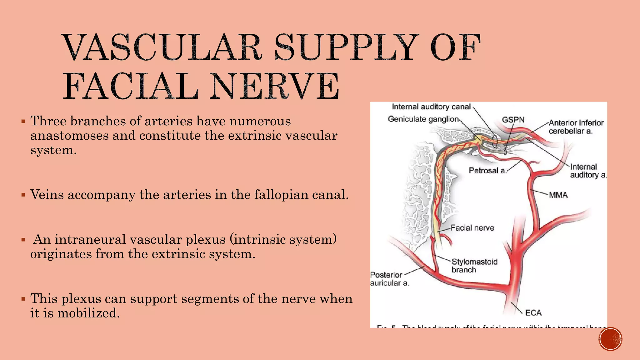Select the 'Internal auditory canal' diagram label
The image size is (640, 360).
[431, 107]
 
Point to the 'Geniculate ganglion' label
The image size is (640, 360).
[423, 119]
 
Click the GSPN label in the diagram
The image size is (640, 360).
[513, 120]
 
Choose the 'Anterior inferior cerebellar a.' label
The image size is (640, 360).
[576, 127]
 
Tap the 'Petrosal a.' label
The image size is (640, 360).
[487, 170]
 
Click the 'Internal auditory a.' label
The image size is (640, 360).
[587, 171]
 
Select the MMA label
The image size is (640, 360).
[558, 195]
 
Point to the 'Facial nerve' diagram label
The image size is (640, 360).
[472, 228]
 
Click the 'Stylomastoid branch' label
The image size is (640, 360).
[474, 266]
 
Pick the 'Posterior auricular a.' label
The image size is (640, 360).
[389, 279]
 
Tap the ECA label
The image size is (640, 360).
[533, 312]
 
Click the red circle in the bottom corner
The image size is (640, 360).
[611, 339]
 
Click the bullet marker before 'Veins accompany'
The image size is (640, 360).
[23, 195]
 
